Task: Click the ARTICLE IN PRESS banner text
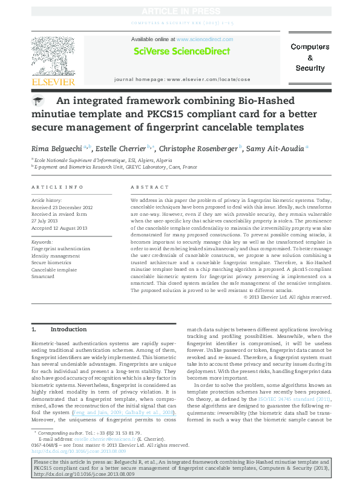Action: coord(180,11)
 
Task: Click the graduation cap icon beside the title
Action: coord(38,102)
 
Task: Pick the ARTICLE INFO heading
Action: coord(57,187)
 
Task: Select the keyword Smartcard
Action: coord(43,275)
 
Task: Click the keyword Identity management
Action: coord(55,255)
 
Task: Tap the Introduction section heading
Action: coord(68,329)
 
